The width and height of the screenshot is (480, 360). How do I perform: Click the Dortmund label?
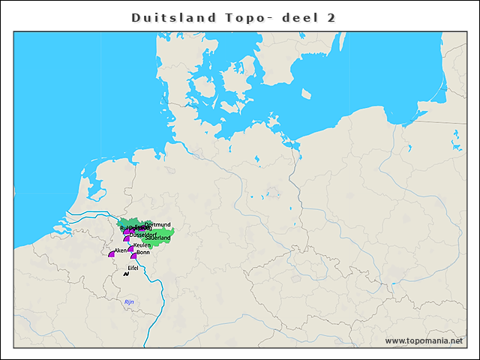coord(158,224)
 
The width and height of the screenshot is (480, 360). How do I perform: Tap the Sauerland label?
coord(158,238)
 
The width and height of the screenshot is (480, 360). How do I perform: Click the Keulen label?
coord(142,245)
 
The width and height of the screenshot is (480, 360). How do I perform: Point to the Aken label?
coord(121,250)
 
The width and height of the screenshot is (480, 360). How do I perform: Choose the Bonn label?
coord(144,253)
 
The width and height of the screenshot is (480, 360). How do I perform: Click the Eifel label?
coord(133,267)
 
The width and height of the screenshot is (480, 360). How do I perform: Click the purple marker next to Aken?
coord(111,254)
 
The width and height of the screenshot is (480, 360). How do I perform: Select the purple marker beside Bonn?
coord(133,256)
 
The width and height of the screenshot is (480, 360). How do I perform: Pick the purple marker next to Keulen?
coord(130,248)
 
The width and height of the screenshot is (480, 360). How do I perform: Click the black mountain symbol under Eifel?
coord(126,274)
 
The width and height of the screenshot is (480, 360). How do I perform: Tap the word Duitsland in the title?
coord(172,17)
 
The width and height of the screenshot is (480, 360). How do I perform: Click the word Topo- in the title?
coord(245,17)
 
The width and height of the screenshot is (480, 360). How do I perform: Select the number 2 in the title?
coord(331,17)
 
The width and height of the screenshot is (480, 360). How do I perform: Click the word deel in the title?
coord(294,17)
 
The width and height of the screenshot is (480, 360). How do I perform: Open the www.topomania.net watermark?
coord(424,340)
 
